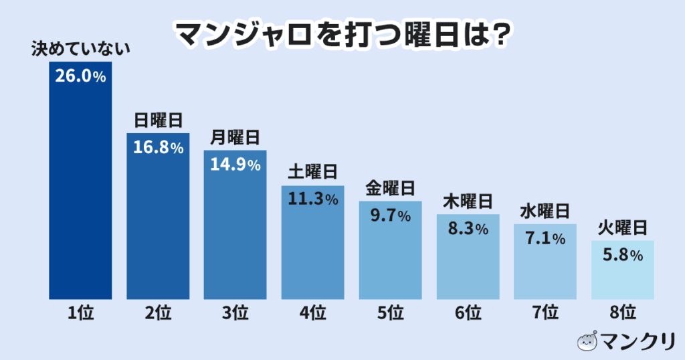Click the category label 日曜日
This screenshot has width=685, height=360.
tap(159, 120)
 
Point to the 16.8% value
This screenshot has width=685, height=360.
tap(159, 148)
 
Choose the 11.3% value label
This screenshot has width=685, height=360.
tap(312, 199)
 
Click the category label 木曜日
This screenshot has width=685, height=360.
tap(468, 201)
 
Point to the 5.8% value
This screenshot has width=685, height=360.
tap(622, 256)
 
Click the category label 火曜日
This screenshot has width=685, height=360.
tap(622, 228)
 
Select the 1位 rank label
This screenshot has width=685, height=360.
tap(80, 312)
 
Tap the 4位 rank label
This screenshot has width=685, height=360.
tap(312, 312)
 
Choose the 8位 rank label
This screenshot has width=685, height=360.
tap(622, 312)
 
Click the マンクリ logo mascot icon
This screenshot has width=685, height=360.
tap(587, 341)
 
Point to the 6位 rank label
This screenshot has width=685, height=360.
tap(468, 312)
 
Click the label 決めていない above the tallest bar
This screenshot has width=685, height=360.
tap(80, 50)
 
